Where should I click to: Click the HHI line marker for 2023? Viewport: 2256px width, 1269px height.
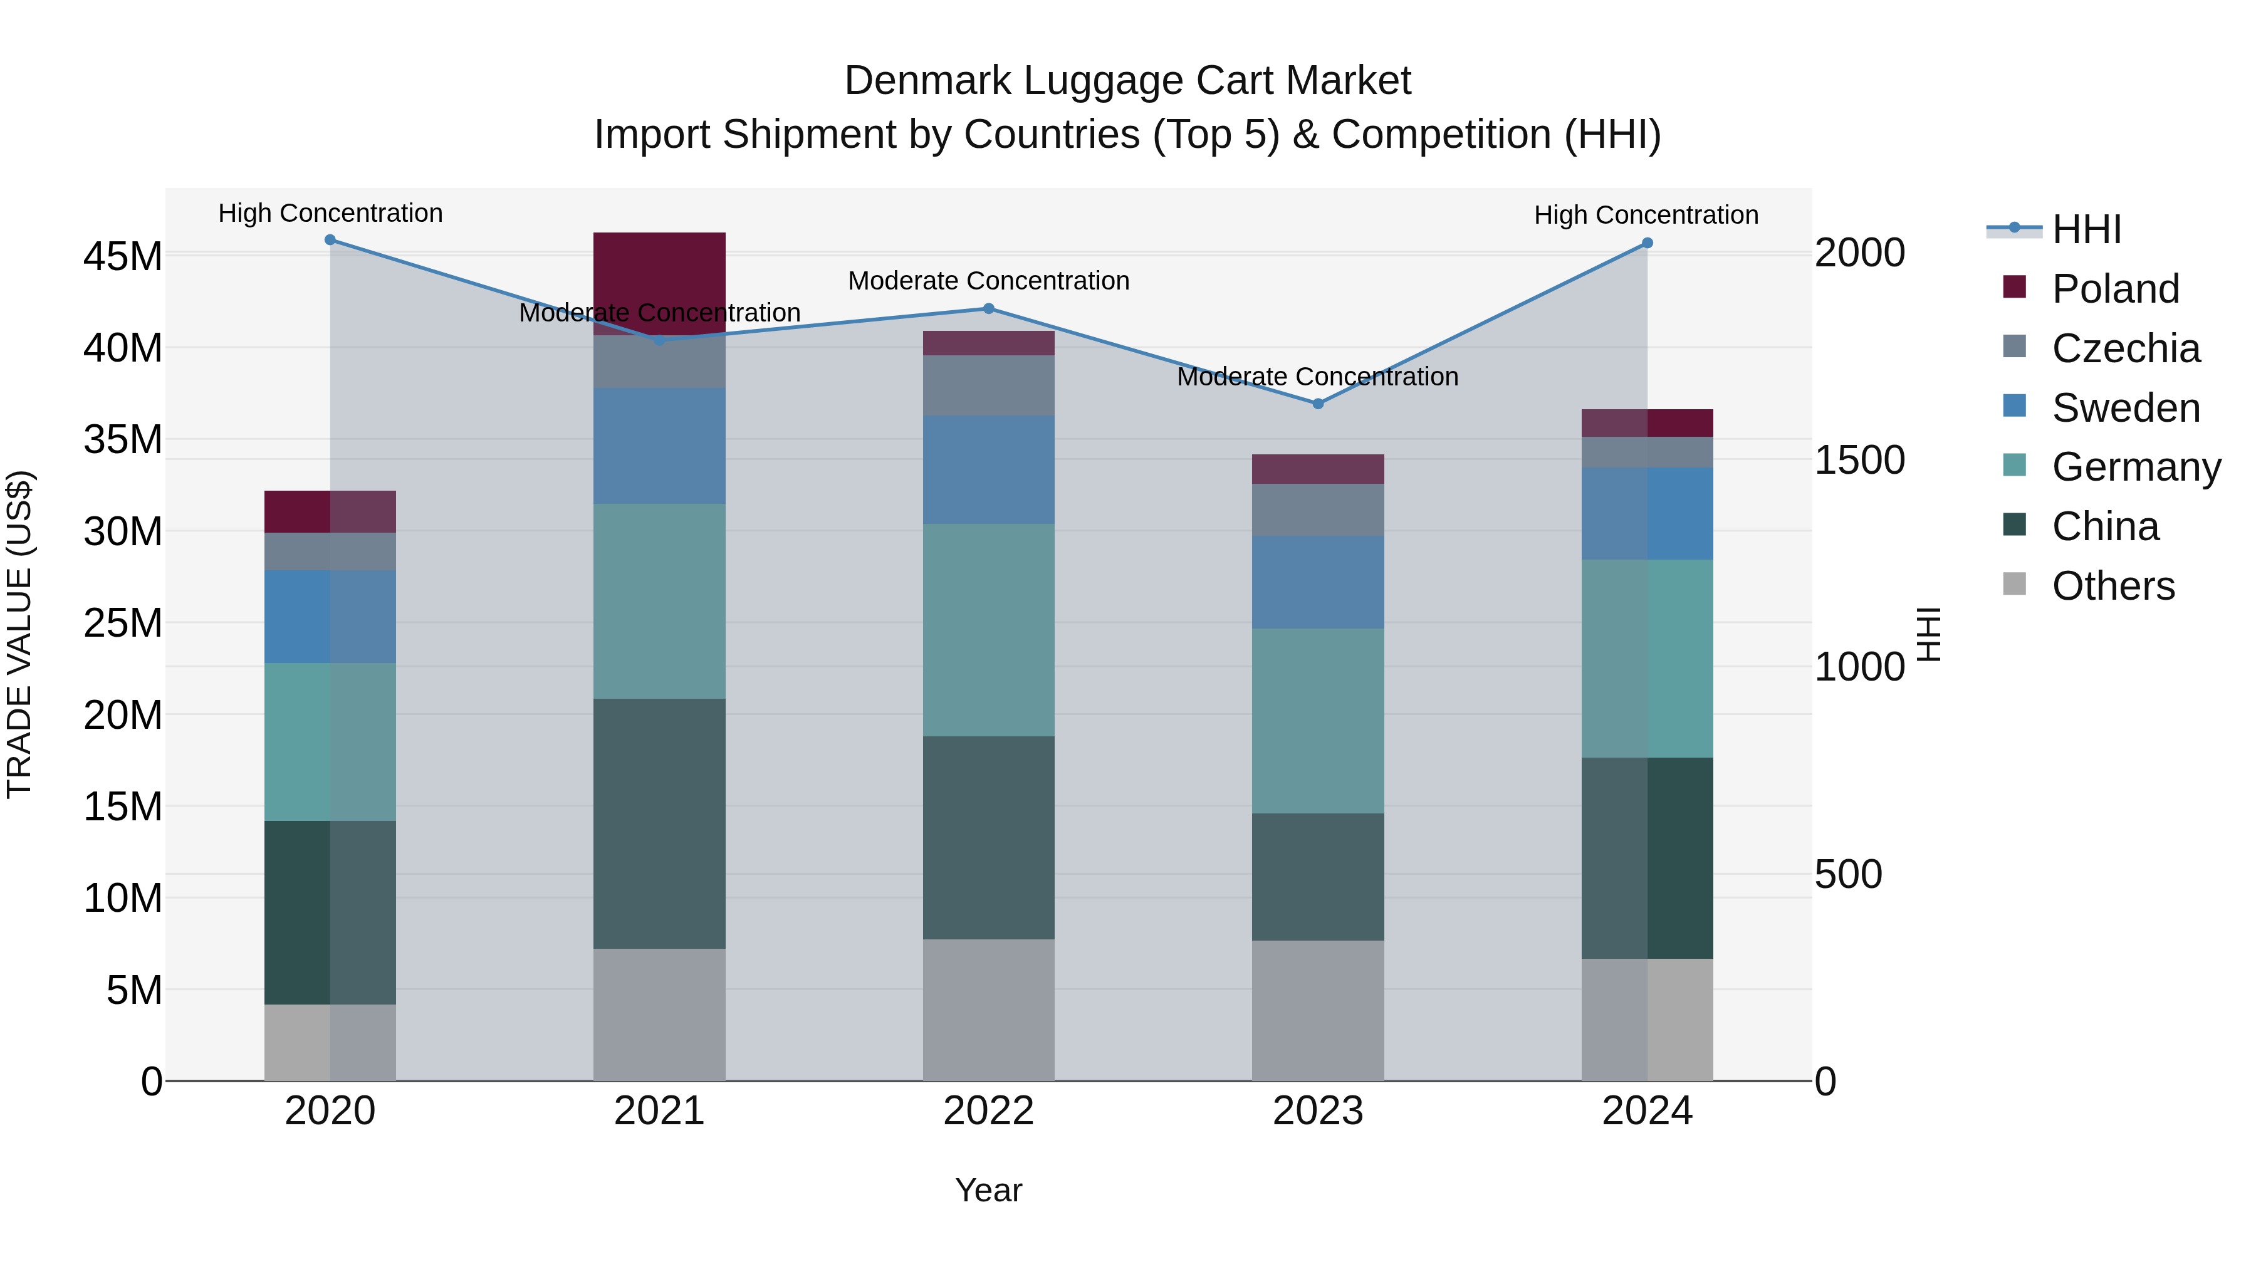click(x=1317, y=404)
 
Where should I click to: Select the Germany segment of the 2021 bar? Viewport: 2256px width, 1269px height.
click(x=659, y=601)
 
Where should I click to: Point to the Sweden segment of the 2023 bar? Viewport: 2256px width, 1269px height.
click(x=1317, y=582)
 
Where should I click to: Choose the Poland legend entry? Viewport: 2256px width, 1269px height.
click(x=2114, y=289)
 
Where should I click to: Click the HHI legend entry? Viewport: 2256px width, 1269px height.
click(x=2085, y=229)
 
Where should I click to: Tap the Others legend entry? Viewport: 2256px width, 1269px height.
click(x=2112, y=586)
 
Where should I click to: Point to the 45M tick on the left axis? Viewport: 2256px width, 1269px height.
click(x=123, y=256)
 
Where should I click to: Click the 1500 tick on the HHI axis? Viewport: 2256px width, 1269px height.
click(x=1859, y=460)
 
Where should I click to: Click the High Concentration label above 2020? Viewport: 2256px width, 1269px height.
click(x=330, y=213)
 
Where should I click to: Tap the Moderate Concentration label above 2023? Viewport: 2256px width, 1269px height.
click(x=1317, y=377)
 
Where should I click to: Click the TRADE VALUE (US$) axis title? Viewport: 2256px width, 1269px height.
click(x=19, y=634)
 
